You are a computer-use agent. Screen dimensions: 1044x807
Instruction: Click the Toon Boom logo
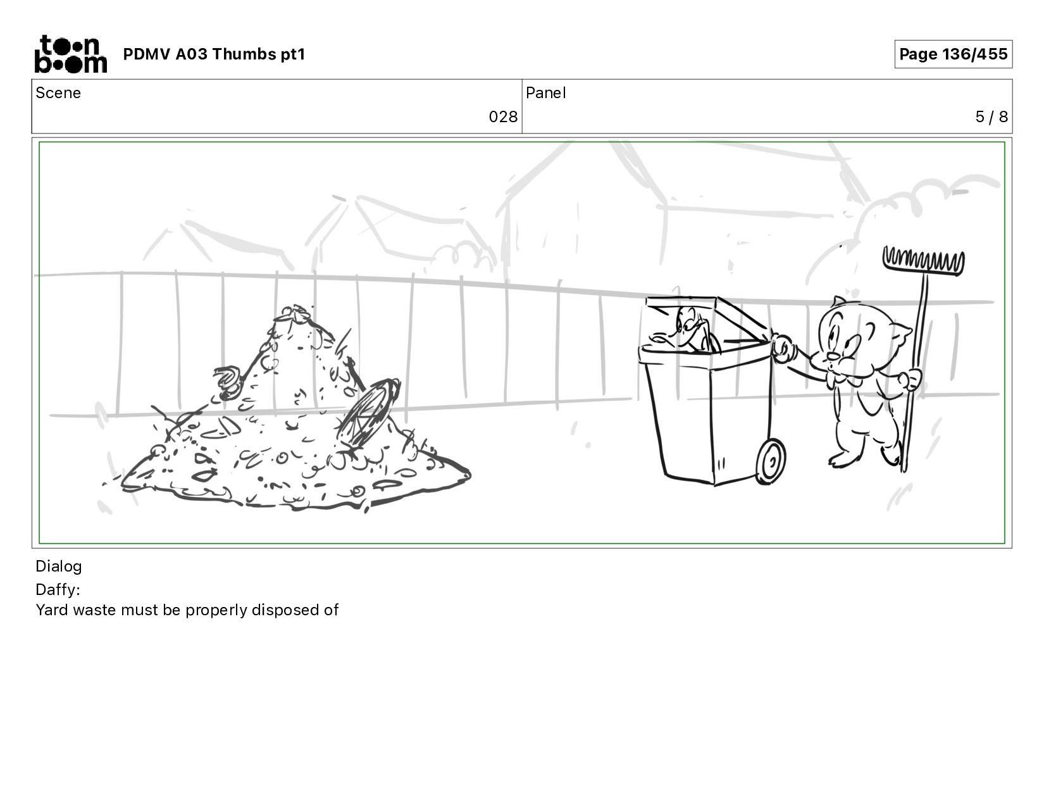pos(71,54)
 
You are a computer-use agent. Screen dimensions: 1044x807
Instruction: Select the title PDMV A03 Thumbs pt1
pos(214,54)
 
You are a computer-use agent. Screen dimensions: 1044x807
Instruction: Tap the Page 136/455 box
pos(953,54)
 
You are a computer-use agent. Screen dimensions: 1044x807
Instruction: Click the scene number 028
pos(503,117)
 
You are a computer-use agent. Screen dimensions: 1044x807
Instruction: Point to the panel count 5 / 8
pos(991,117)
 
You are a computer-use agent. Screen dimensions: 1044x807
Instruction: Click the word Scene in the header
pos(58,93)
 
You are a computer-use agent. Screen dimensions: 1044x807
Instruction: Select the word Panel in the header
pos(546,93)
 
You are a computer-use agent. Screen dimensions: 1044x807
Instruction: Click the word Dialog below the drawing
pos(59,566)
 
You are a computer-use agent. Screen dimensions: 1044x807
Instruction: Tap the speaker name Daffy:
pos(58,589)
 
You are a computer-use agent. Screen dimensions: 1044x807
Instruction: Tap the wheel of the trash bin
pos(771,461)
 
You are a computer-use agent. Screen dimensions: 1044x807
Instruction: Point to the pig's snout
pos(832,356)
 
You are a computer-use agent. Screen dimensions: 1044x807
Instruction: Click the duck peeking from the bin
pos(688,330)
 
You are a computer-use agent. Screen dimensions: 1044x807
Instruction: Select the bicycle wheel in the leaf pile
pos(368,413)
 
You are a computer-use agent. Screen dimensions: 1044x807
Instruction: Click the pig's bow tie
pos(843,380)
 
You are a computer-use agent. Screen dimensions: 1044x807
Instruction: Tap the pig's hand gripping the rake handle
pos(910,378)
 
